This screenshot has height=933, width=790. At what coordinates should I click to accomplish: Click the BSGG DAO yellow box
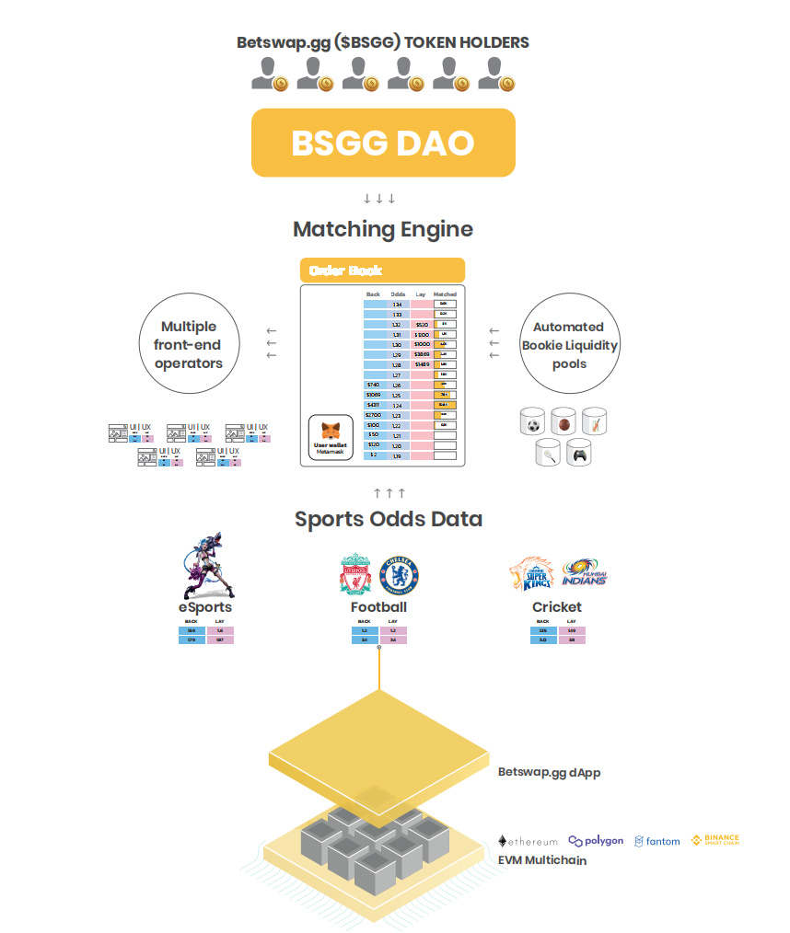[382, 143]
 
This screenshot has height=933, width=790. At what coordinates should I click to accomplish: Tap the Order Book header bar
[382, 271]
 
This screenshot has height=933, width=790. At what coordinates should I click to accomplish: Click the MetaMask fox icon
[330, 430]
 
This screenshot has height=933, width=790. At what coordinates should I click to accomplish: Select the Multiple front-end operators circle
[189, 345]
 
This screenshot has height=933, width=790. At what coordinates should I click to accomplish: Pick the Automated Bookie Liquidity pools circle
[568, 345]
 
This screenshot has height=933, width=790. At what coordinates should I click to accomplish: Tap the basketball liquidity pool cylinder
[563, 424]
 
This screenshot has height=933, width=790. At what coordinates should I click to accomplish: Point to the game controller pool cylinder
[579, 452]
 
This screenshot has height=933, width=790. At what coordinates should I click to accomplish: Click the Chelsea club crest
[400, 574]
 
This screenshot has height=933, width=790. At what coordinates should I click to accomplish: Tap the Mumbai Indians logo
[584, 572]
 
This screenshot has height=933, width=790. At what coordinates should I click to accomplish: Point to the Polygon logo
[596, 841]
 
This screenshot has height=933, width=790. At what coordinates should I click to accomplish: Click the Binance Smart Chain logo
[715, 840]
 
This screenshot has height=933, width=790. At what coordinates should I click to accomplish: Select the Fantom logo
[657, 841]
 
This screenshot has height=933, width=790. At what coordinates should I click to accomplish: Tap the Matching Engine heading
[383, 229]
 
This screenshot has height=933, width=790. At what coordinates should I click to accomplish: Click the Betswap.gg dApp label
[549, 773]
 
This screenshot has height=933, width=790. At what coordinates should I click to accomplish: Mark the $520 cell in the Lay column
[422, 325]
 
